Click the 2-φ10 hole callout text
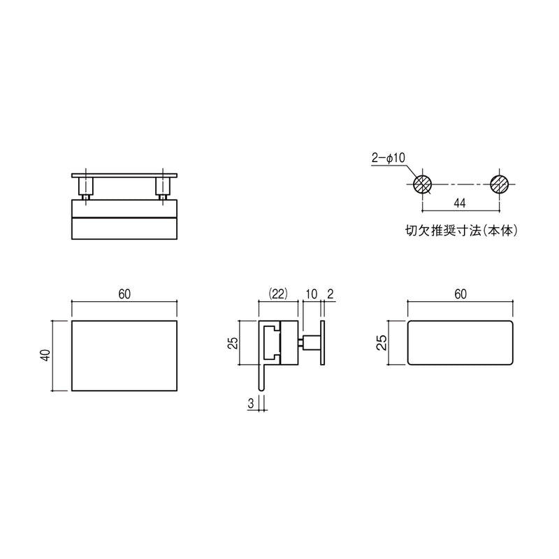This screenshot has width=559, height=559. (389, 158)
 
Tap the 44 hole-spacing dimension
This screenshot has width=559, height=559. (460, 203)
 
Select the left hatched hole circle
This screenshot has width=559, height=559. (423, 184)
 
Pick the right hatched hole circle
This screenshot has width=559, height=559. (499, 184)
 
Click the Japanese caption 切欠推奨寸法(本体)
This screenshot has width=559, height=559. (461, 231)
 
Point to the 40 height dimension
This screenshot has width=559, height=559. (46, 355)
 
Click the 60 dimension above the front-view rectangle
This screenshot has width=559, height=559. (124, 294)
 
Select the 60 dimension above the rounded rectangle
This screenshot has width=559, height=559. (460, 294)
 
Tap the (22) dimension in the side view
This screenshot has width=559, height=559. (277, 293)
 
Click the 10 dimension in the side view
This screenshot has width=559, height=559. (311, 294)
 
